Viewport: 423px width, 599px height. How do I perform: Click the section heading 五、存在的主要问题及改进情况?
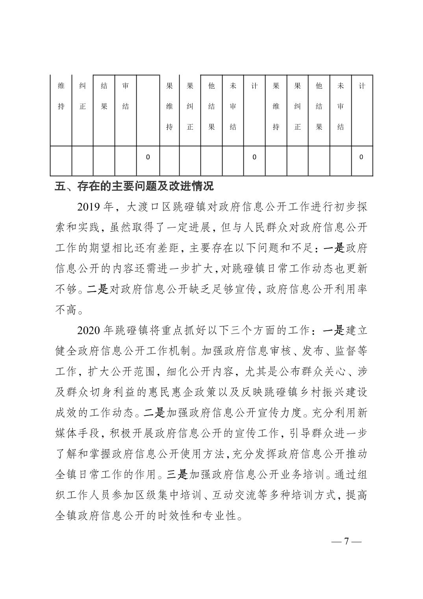click(134, 186)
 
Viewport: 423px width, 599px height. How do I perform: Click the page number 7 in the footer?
click(347, 541)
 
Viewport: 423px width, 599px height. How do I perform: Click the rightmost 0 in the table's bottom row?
click(362, 157)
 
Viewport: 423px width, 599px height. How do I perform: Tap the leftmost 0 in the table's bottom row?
click(148, 157)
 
